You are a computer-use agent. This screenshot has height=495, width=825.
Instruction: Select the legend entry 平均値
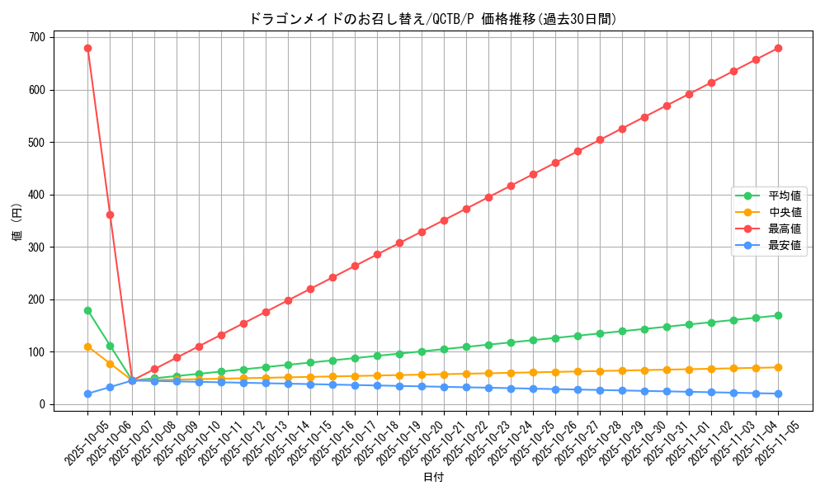click(785, 196)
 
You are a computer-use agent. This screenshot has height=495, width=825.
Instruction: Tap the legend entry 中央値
click(785, 212)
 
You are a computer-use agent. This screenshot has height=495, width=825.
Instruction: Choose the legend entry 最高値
click(785, 229)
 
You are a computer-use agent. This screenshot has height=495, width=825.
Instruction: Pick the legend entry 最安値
click(785, 245)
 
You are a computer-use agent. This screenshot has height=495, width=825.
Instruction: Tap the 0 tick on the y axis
click(40, 404)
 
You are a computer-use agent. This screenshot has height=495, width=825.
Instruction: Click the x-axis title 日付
click(433, 478)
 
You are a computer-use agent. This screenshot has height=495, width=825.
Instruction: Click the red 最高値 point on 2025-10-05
click(87, 48)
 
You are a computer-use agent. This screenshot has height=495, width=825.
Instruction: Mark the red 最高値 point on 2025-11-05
click(778, 48)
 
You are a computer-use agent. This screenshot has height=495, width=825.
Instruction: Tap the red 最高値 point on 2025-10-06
click(110, 214)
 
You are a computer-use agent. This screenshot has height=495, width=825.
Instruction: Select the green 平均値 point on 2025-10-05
click(87, 310)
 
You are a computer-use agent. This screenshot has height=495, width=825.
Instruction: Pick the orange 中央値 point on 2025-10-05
click(87, 346)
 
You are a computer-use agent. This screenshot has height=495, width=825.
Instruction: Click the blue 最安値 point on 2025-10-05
click(87, 394)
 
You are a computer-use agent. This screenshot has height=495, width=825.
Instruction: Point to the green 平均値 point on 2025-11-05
click(778, 315)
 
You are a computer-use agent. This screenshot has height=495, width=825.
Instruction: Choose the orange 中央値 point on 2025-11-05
click(778, 367)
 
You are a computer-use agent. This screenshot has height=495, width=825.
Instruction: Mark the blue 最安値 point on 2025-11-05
click(778, 394)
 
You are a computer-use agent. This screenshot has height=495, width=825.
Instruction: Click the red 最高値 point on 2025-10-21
click(444, 220)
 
